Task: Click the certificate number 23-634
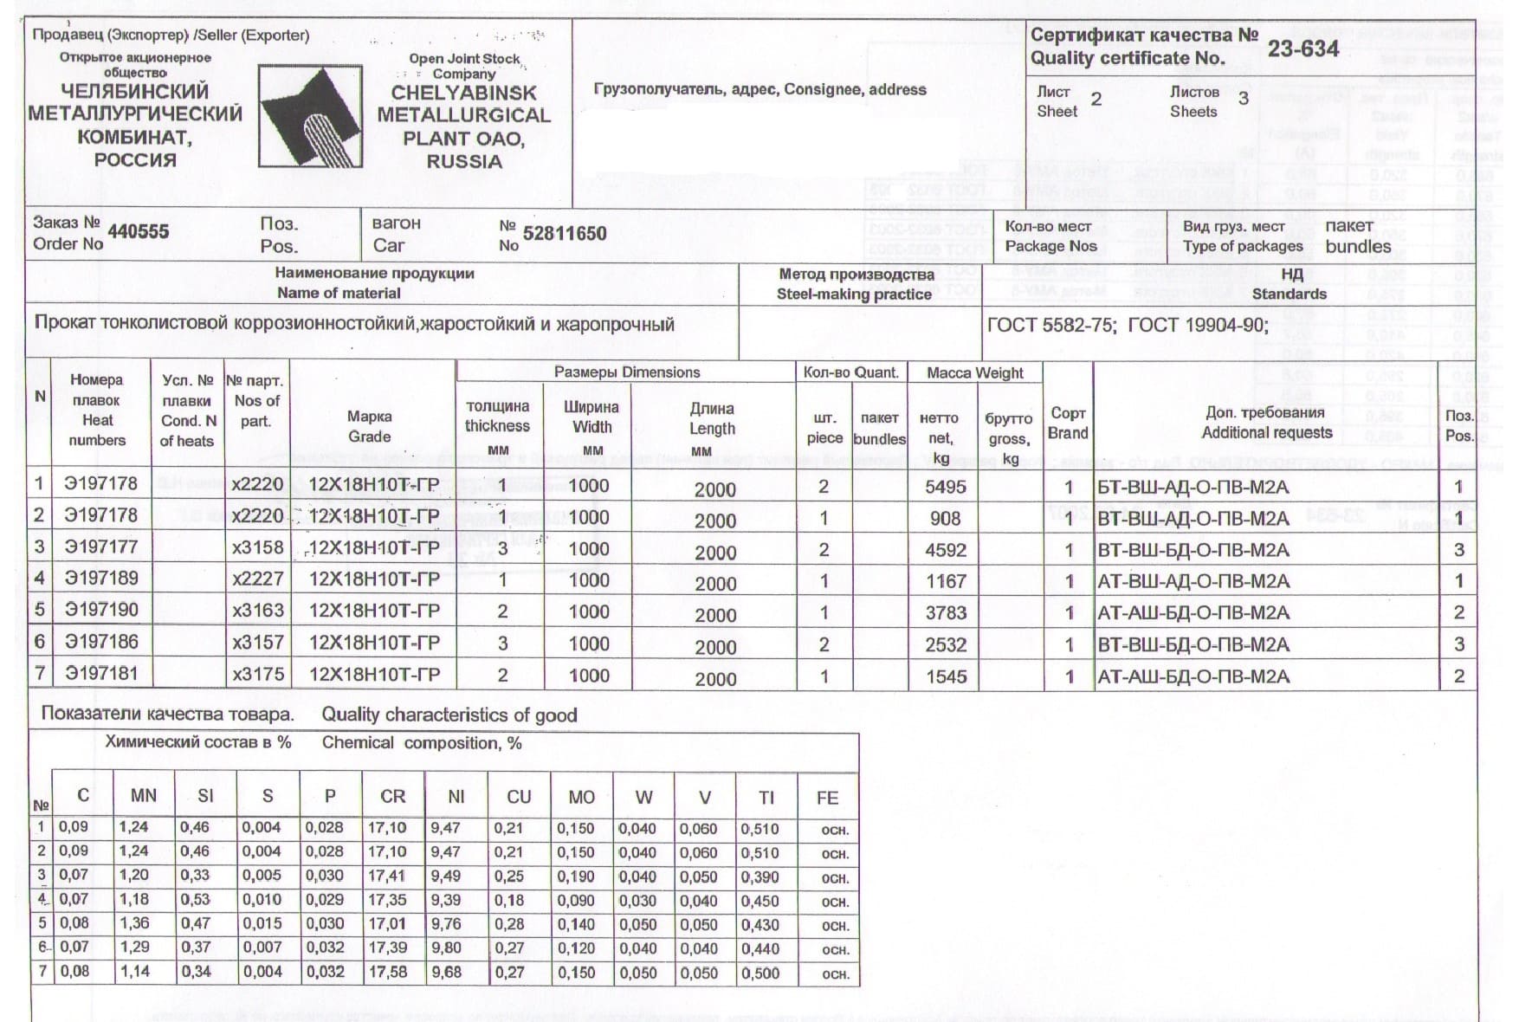pyautogui.click(x=1302, y=49)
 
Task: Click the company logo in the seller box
pyautogui.click(x=310, y=116)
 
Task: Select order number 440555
pyautogui.click(x=138, y=231)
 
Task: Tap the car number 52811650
pyautogui.click(x=565, y=233)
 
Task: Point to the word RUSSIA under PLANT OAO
pyautogui.click(x=463, y=161)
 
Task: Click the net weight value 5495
pyautogui.click(x=945, y=487)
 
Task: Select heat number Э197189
pyautogui.click(x=101, y=578)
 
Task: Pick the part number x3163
pyautogui.click(x=257, y=611)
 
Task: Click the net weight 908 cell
pyautogui.click(x=945, y=518)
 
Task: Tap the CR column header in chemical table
pyautogui.click(x=392, y=797)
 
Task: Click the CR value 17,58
pyautogui.click(x=387, y=972)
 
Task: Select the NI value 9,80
pyautogui.click(x=446, y=948)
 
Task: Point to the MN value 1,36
pyautogui.click(x=134, y=923)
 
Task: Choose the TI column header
pyautogui.click(x=766, y=797)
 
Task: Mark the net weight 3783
pyautogui.click(x=945, y=612)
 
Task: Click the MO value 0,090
pyautogui.click(x=575, y=900)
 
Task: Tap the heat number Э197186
pyautogui.click(x=101, y=642)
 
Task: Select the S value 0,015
pyautogui.click(x=261, y=923)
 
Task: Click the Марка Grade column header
pyautogui.click(x=370, y=426)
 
